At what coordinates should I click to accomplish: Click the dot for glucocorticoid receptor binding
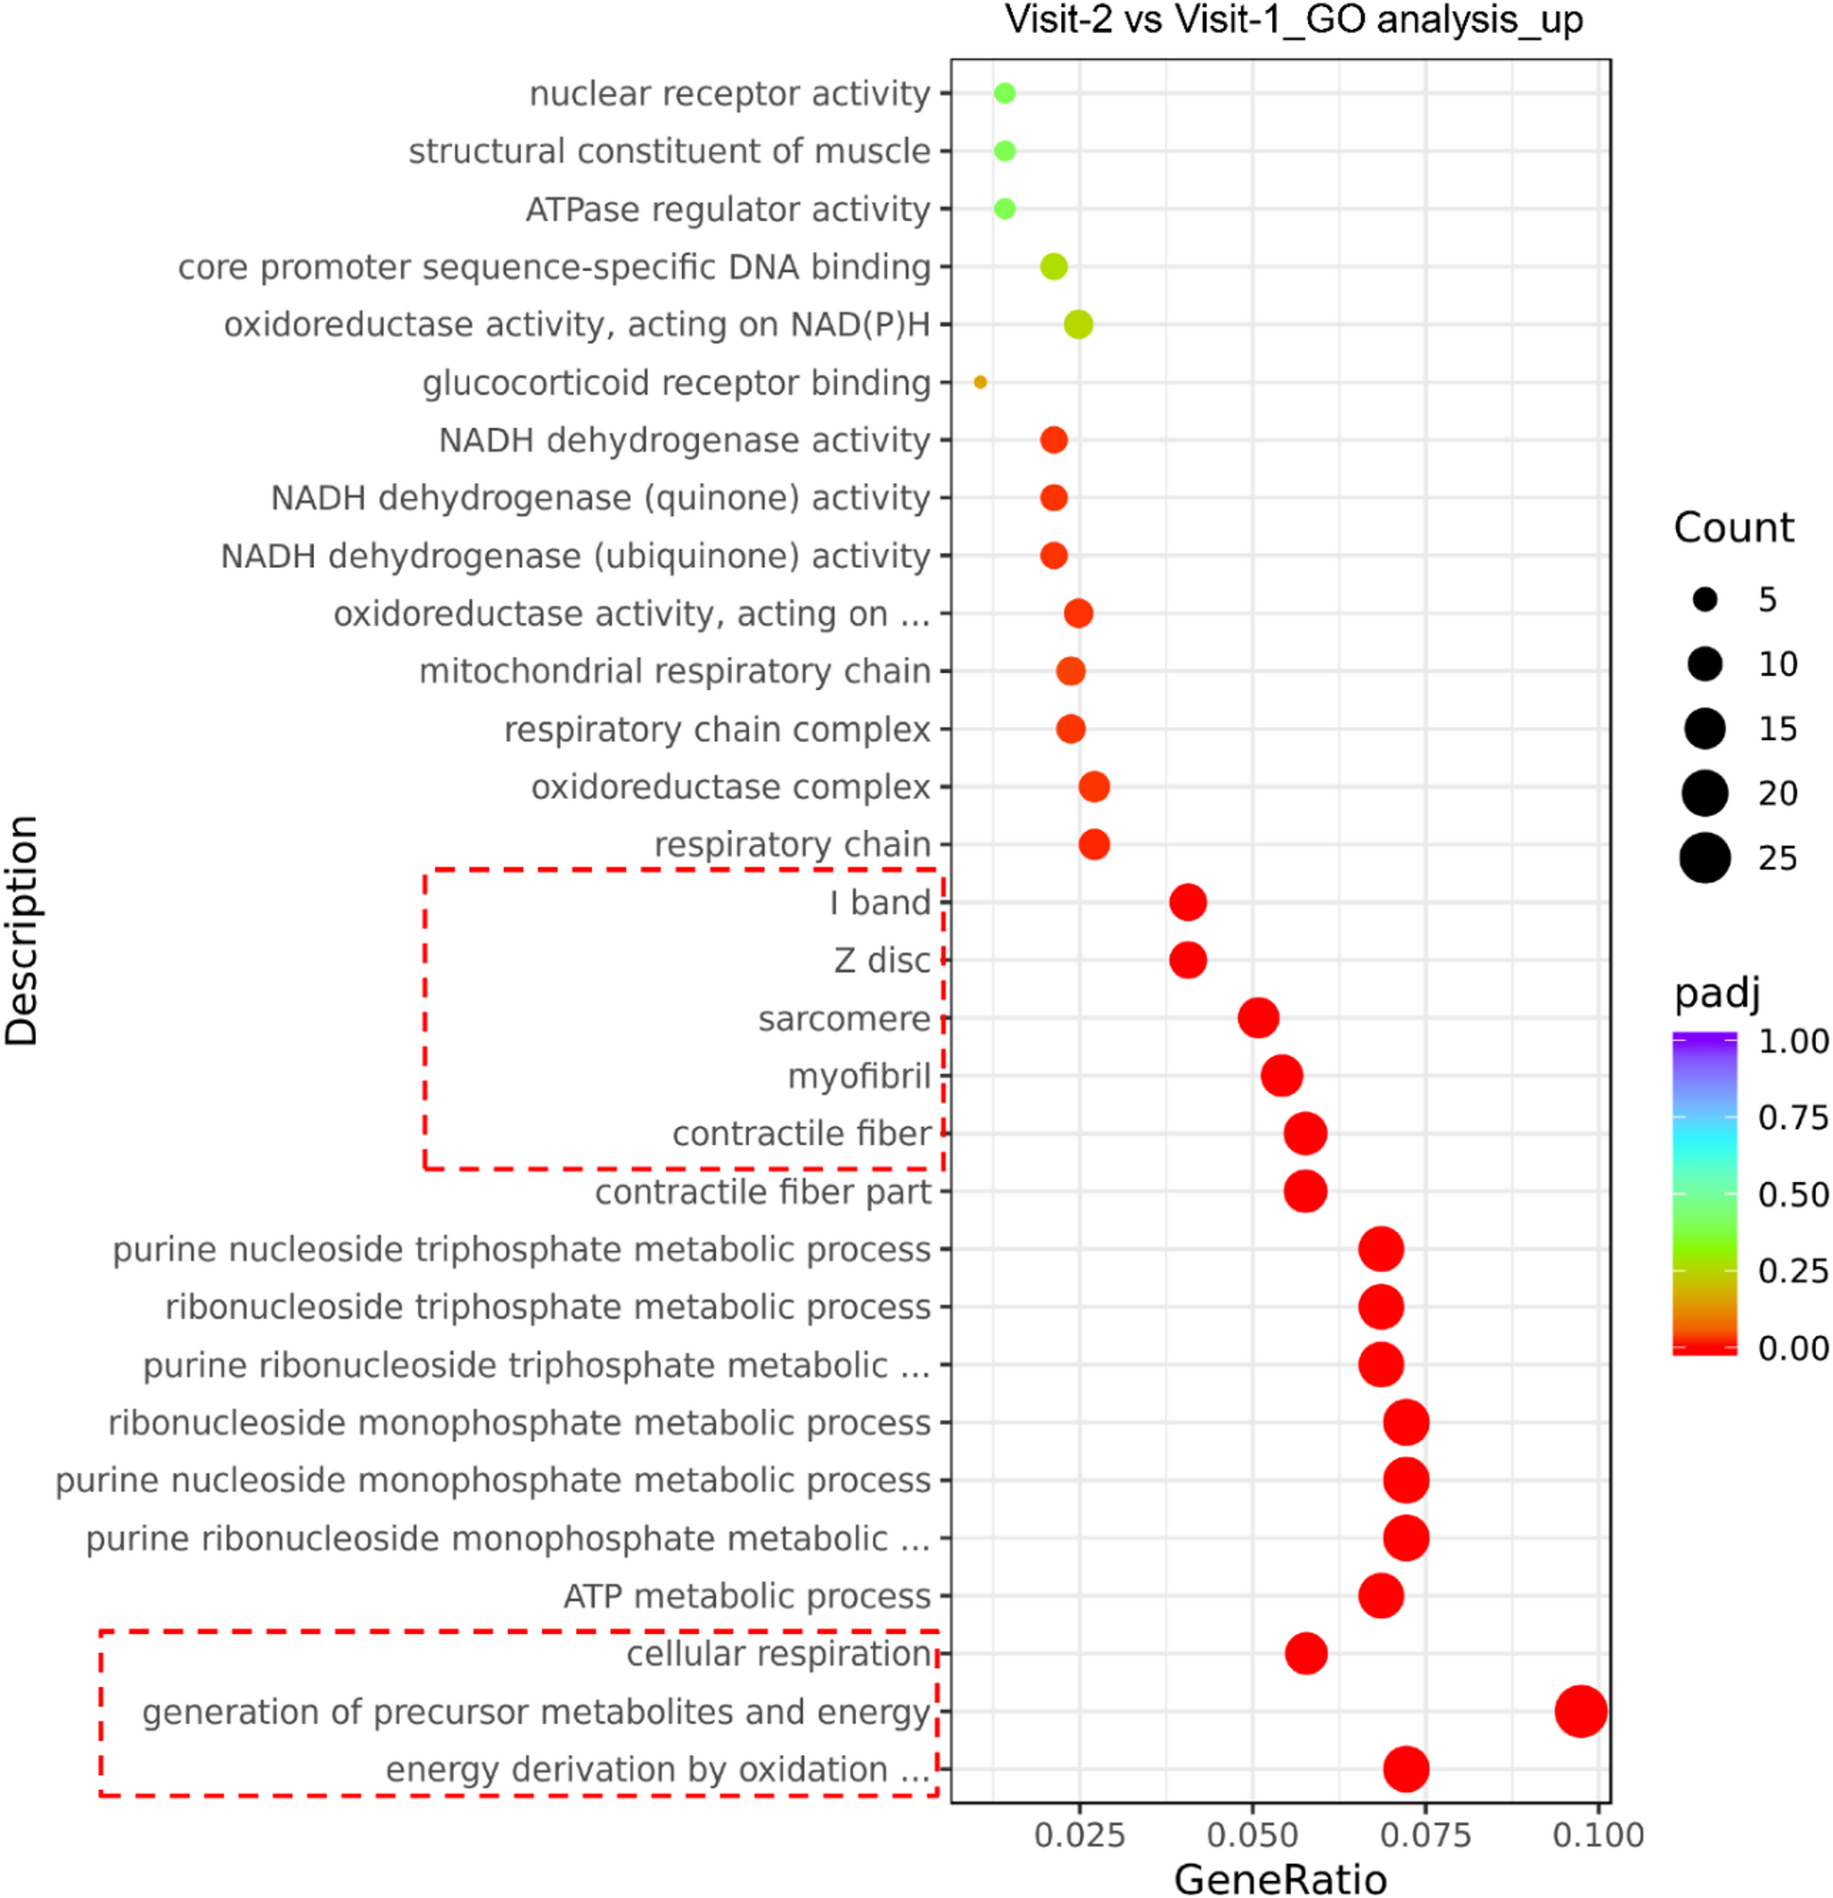(980, 382)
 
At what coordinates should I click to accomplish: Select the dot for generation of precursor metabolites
(1581, 1711)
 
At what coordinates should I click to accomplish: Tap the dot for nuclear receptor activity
(1004, 93)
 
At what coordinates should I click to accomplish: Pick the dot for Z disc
(1188, 959)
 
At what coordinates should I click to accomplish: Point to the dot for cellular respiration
(1305, 1653)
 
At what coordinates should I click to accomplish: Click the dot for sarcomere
(1258, 1018)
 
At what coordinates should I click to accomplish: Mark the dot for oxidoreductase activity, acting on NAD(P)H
(1078, 325)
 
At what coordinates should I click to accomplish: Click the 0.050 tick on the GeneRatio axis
(1252, 1834)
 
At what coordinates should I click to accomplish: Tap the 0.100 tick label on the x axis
(1598, 1834)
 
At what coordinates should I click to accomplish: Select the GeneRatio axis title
(1280, 1878)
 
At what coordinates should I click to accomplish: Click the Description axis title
(21, 930)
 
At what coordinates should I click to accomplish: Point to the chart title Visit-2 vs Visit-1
(1294, 20)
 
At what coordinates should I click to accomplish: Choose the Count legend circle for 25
(1705, 858)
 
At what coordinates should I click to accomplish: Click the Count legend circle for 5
(1705, 599)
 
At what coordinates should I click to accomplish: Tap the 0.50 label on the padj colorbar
(1793, 1194)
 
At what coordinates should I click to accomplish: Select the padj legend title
(1717, 992)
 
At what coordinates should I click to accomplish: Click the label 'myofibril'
(859, 1076)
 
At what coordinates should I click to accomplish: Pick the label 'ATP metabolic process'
(746, 1596)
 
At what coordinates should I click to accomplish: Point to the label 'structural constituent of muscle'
(669, 151)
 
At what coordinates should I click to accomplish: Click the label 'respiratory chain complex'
(717, 729)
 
